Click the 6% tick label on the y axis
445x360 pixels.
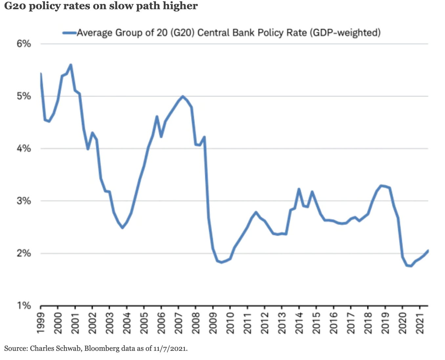tap(24, 44)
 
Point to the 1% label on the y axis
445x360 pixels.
tap(24, 306)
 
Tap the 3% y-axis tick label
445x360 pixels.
tap(24, 201)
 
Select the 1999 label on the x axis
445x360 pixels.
tap(41, 323)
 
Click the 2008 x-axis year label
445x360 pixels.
tap(196, 323)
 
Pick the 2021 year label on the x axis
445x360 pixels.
tap(420, 323)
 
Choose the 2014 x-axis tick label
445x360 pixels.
tap(299, 323)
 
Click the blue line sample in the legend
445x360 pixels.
tap(69, 33)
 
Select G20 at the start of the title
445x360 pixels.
tap(15, 6)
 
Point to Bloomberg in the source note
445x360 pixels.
tap(102, 349)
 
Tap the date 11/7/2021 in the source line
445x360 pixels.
tap(170, 349)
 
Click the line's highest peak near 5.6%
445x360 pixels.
tap(71, 65)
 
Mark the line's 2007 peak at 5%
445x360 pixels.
tap(183, 96)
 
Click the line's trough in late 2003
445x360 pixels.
tap(122, 228)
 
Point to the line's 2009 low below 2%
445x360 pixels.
tap(222, 262)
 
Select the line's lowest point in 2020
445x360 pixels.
tap(411, 266)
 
